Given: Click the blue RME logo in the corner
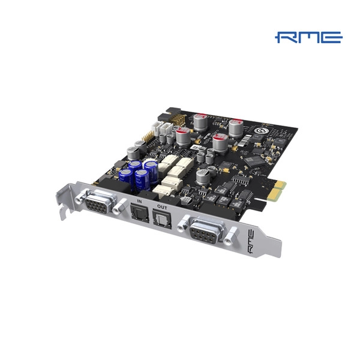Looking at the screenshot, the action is pos(308,37).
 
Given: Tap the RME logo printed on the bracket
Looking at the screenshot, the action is pos(252,242).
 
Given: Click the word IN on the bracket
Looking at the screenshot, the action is pos(139,202).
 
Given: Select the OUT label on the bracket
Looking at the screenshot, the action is pos(162,208).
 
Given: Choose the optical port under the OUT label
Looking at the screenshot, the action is pos(162,219).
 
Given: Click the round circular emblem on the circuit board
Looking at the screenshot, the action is pos(260,131).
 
